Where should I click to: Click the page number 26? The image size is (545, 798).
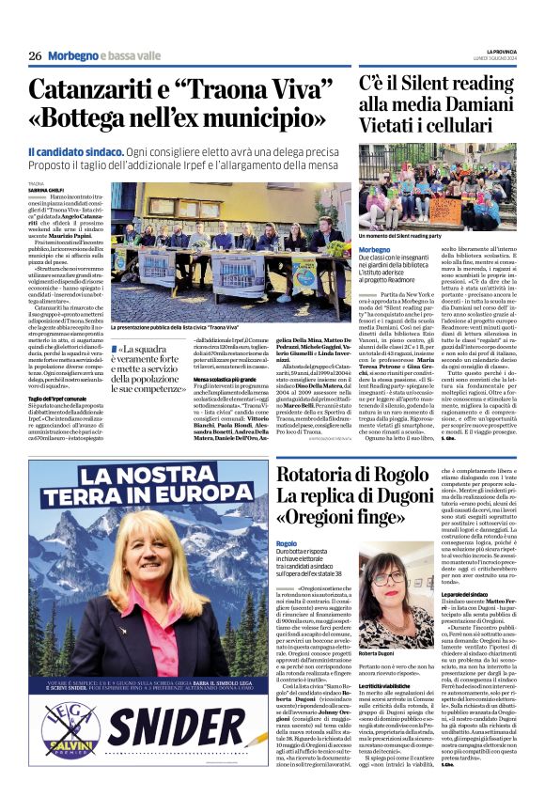(35, 56)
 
